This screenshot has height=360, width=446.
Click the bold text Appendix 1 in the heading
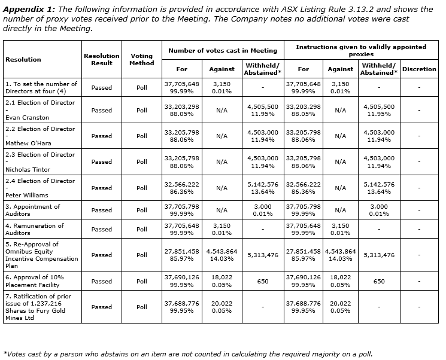click(x=30, y=9)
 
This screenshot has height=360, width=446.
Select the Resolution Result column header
click(x=101, y=59)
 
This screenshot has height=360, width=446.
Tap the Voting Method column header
click(x=141, y=59)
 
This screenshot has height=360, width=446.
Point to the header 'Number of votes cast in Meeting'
click(x=222, y=51)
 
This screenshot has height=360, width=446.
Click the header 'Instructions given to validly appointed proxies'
click(x=361, y=50)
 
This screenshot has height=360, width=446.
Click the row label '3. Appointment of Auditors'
click(x=33, y=210)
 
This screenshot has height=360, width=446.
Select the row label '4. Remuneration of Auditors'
click(x=34, y=229)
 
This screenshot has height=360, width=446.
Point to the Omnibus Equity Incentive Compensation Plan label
click(x=41, y=255)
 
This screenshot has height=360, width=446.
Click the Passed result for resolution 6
click(x=101, y=281)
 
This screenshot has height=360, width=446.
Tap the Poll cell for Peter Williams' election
click(x=141, y=188)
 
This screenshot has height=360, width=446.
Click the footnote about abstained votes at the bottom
click(x=187, y=353)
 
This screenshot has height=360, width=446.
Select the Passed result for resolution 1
click(x=101, y=87)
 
